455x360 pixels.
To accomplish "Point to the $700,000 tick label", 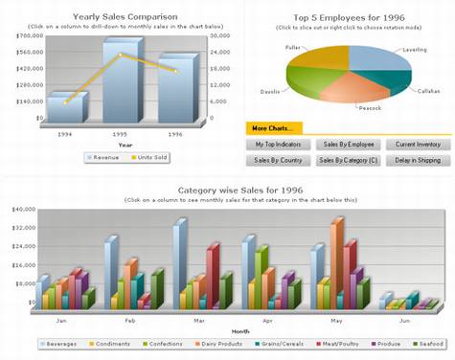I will (x=29, y=35).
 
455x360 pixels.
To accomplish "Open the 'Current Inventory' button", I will (x=418, y=144).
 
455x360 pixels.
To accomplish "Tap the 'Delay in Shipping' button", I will (x=418, y=161).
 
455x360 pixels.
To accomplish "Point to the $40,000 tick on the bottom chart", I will (x=22, y=209).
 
